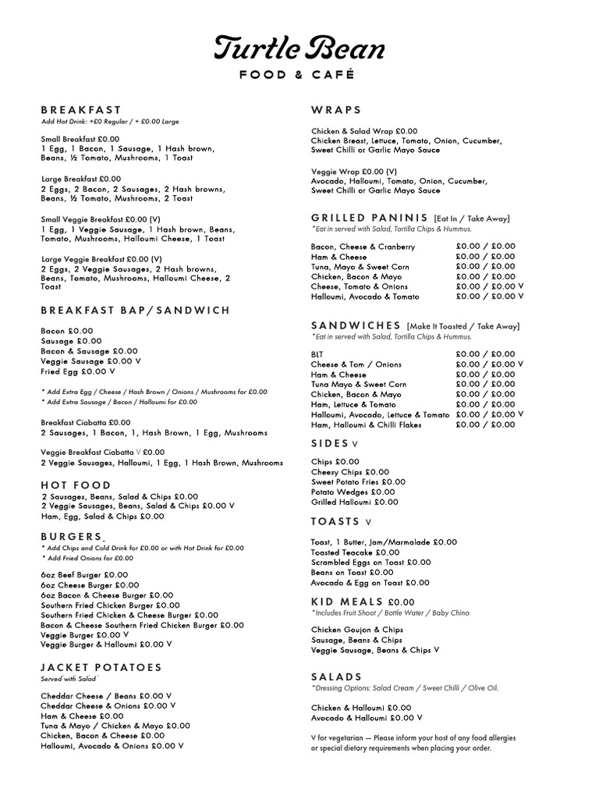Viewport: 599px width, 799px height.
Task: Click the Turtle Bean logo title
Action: [299, 48]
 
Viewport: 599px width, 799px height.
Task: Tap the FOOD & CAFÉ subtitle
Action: [299, 75]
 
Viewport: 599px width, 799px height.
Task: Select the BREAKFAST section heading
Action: [81, 110]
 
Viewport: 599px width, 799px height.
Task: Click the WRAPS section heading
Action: [336, 110]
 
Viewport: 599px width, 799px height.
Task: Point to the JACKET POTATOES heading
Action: [101, 667]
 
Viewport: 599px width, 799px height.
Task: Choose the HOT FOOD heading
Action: [76, 485]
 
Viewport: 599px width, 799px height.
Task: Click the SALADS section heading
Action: [337, 676]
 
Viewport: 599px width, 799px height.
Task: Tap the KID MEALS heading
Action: [347, 602]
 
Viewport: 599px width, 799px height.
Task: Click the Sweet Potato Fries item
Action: [358, 482]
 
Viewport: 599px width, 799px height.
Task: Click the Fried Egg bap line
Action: [78, 371]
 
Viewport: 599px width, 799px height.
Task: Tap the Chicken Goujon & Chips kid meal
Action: [356, 630]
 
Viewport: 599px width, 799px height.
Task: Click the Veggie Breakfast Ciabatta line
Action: [102, 452]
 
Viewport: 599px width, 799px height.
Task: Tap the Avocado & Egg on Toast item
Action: [370, 583]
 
